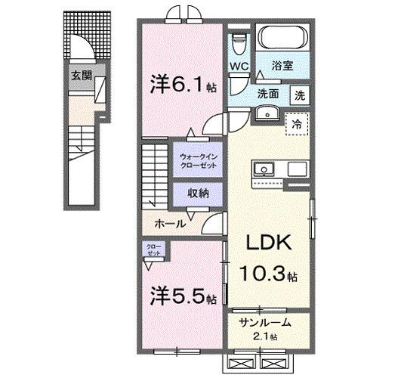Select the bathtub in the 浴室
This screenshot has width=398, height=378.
(x=283, y=39)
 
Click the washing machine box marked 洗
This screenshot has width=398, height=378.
(x=301, y=97)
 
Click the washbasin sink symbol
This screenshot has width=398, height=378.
(x=268, y=114)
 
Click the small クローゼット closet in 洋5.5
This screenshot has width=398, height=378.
(x=154, y=250)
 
